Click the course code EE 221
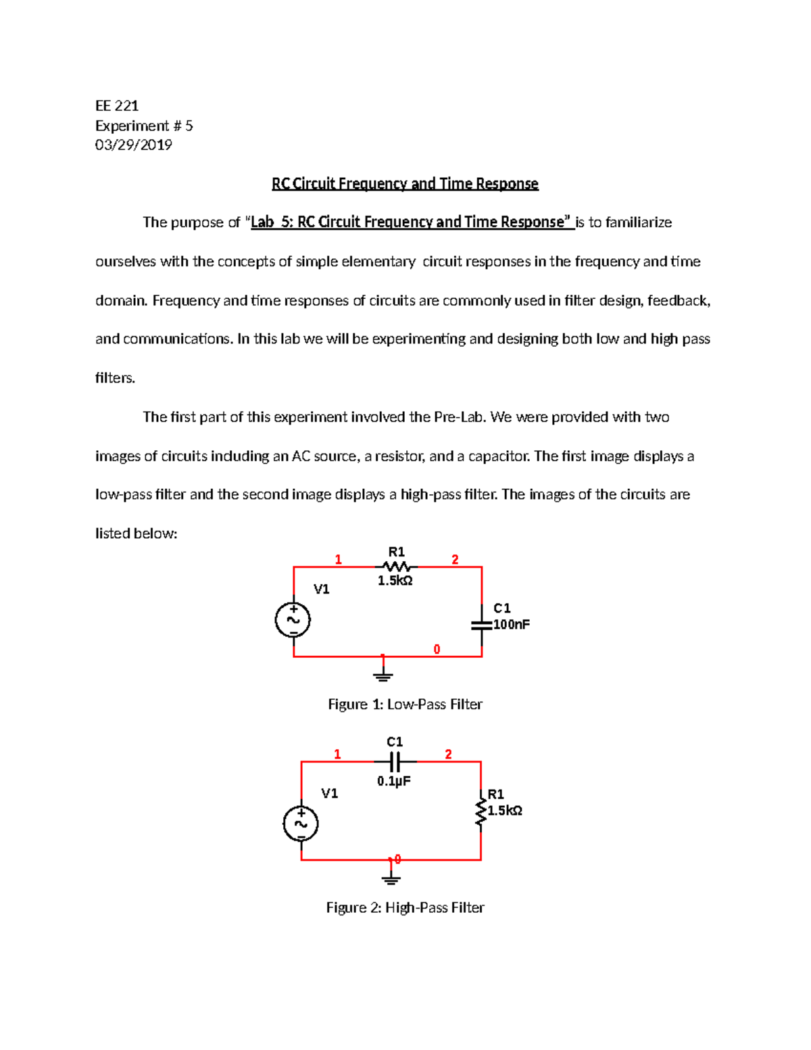117,105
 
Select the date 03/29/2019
134,145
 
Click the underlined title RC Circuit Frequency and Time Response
405,184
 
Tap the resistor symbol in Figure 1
396,567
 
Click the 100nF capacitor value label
512,625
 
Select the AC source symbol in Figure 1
293,620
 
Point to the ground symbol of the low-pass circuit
383,674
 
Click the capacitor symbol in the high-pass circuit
395,761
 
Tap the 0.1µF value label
394,782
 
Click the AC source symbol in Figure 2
301,824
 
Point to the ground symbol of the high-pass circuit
391,878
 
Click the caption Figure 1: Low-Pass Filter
405,705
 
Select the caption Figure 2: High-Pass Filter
405,907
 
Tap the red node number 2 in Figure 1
455,560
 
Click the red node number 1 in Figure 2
337,755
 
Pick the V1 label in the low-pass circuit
322,590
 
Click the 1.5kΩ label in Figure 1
395,581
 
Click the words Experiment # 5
144,126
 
